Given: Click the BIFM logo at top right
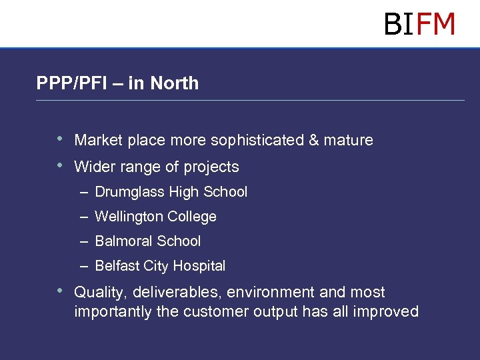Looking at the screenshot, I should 419,25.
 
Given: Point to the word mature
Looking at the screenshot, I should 348,141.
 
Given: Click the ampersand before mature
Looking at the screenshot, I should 314,141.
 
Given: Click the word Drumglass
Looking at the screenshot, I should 130,193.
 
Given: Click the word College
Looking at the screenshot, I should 193,217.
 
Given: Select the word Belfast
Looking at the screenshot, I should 117,266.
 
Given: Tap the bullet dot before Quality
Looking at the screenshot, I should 60,291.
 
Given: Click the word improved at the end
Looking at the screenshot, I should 387,312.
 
